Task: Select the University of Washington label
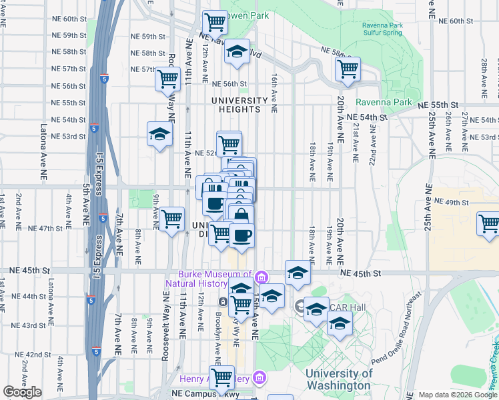pos(338,379)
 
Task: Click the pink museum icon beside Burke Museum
pos(262,277)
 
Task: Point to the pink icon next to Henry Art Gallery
pos(260,379)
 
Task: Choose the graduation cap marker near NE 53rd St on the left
pos(160,133)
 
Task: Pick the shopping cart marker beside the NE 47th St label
pos(172,217)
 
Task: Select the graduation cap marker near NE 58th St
pos(236,51)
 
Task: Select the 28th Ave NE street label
pos(484,73)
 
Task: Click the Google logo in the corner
pos(22,392)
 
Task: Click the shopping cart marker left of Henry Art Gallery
pos(221,376)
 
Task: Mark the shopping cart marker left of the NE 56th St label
pos(167,79)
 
